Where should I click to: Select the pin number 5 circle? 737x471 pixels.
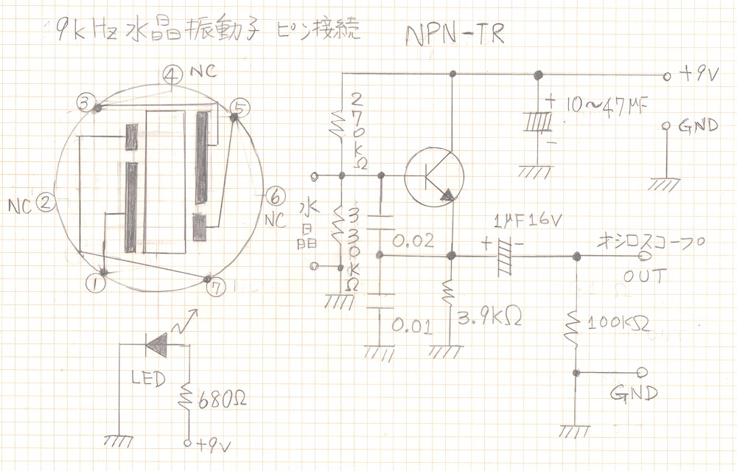click(x=239, y=111)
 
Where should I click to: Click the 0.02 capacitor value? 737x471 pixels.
click(x=413, y=242)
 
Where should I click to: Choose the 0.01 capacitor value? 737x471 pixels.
click(x=411, y=325)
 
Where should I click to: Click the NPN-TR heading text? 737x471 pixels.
click(x=455, y=35)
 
